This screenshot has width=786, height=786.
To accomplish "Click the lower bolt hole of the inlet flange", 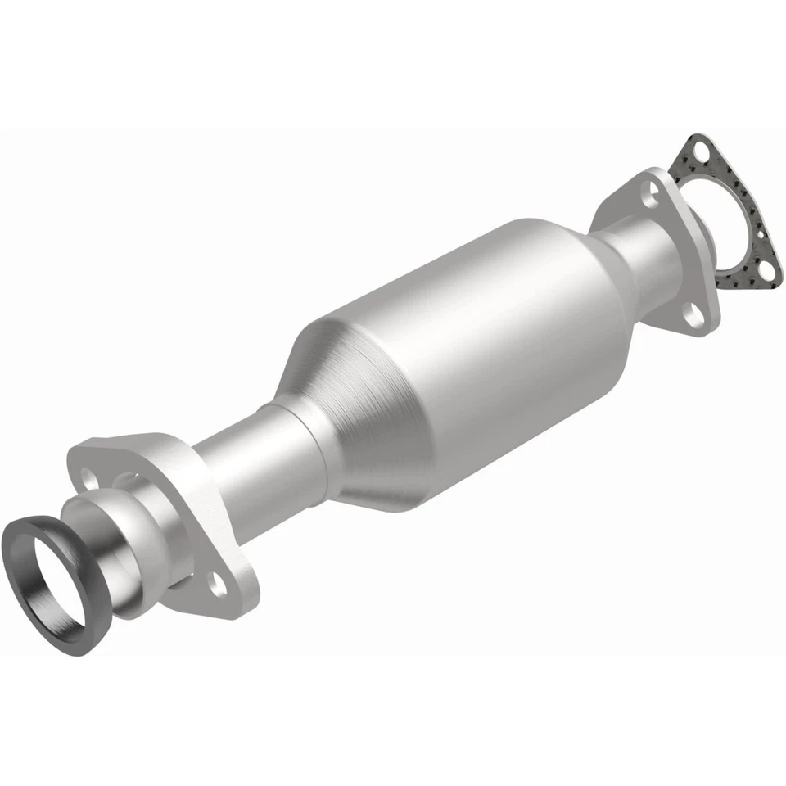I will [217, 583].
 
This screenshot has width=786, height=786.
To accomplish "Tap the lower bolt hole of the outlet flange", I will [695, 314].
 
